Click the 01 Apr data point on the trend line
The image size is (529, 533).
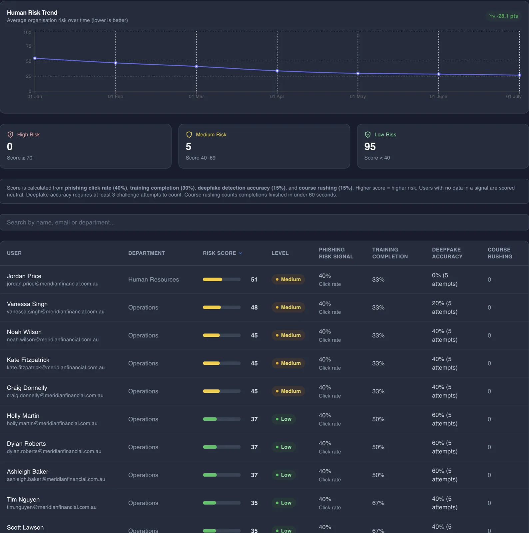[x=277, y=71]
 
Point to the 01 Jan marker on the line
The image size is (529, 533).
[x=35, y=58]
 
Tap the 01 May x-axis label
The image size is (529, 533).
[x=358, y=97]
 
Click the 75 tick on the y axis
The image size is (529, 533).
[x=29, y=46]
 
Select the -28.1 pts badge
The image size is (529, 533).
[x=503, y=16]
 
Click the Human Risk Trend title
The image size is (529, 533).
[x=32, y=13]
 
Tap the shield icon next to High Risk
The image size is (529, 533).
[x=10, y=135]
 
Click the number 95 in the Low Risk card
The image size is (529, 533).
[x=370, y=147]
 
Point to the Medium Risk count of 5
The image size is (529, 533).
[x=189, y=147]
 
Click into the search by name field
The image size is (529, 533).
[x=264, y=222]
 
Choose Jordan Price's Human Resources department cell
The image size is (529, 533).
[x=154, y=279]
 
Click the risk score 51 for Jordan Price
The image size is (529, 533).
[x=254, y=279]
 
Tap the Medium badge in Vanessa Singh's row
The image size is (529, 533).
[x=288, y=307]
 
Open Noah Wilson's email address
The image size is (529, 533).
[x=53, y=340]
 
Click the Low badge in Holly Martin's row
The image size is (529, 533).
[x=283, y=419]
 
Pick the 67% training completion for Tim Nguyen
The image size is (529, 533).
[x=378, y=503]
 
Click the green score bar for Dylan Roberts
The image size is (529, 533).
[x=210, y=447]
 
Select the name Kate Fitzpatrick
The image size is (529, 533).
[x=28, y=360]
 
